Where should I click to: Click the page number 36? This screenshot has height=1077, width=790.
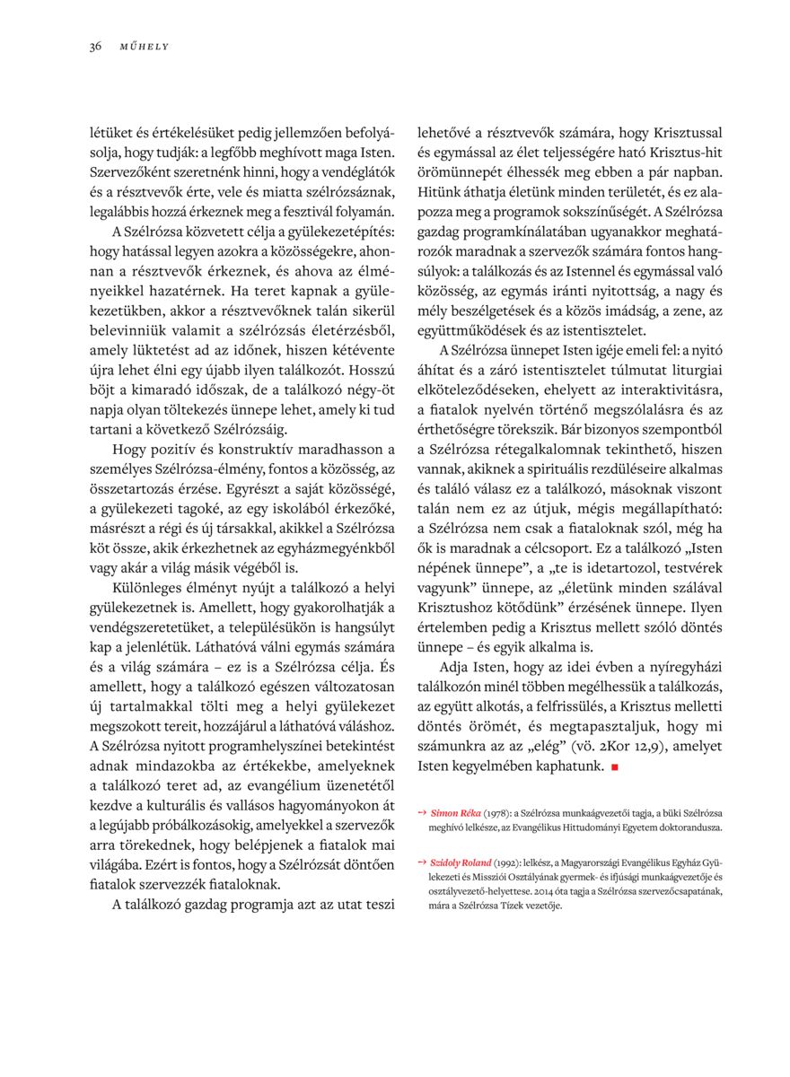(94, 46)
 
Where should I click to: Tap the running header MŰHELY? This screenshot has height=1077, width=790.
(144, 46)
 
